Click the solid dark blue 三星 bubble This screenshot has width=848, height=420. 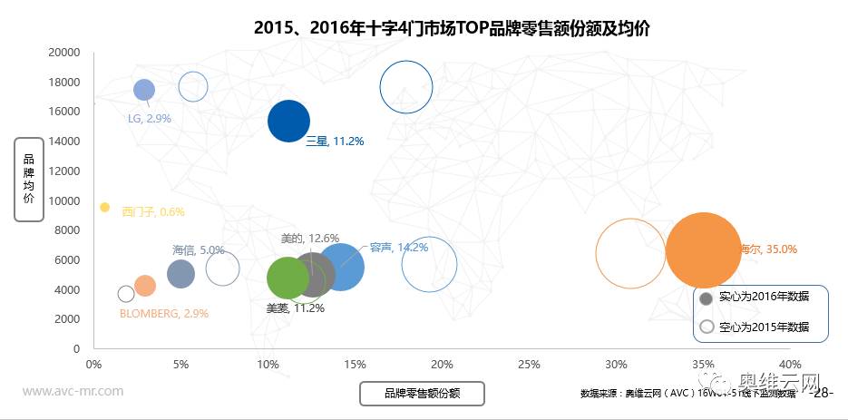288,122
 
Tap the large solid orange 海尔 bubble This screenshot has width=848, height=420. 703,249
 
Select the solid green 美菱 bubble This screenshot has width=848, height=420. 288,278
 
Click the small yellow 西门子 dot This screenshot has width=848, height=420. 104,208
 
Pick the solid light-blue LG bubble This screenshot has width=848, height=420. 144,89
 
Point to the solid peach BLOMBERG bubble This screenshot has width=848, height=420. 144,286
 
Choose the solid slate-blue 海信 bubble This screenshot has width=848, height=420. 181,274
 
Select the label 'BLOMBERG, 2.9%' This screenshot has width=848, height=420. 164,313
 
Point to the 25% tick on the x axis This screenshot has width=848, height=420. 529,364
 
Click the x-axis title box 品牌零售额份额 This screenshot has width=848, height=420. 422,393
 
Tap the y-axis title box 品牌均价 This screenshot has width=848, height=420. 29,179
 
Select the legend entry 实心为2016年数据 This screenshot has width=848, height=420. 764,297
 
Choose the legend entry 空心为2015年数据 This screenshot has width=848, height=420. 764,327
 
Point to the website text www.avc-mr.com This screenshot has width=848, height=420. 73,391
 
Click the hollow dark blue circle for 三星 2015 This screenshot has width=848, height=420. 406,87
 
